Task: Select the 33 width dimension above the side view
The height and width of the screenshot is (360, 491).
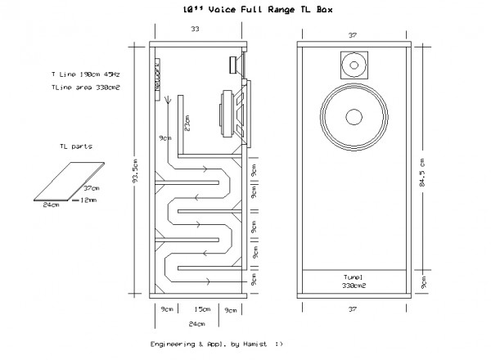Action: click(194, 29)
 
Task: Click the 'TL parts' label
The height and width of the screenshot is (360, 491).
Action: click(75, 147)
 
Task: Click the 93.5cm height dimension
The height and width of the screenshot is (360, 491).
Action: click(136, 170)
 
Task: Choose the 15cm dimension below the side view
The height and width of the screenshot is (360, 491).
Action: click(199, 309)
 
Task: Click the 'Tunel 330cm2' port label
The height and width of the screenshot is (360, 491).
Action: click(353, 281)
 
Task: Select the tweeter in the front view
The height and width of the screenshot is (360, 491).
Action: click(353, 63)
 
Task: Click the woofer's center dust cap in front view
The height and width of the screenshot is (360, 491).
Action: click(353, 115)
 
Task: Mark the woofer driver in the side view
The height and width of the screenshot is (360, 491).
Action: click(232, 110)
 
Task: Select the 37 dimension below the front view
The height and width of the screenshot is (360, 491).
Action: click(353, 309)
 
